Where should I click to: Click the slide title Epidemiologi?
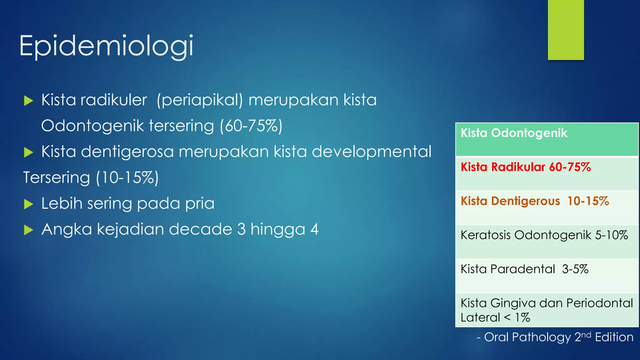(x=106, y=46)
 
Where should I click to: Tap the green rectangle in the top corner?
(x=566, y=30)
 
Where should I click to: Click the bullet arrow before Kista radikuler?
(x=28, y=101)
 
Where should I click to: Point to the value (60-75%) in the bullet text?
(x=251, y=126)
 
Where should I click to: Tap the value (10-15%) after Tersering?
(x=127, y=178)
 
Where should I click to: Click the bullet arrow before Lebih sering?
(x=28, y=204)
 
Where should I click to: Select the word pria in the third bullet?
(x=200, y=203)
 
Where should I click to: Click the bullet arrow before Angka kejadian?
(x=28, y=230)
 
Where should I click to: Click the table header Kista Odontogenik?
(x=514, y=133)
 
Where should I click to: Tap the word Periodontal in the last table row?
(x=599, y=303)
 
